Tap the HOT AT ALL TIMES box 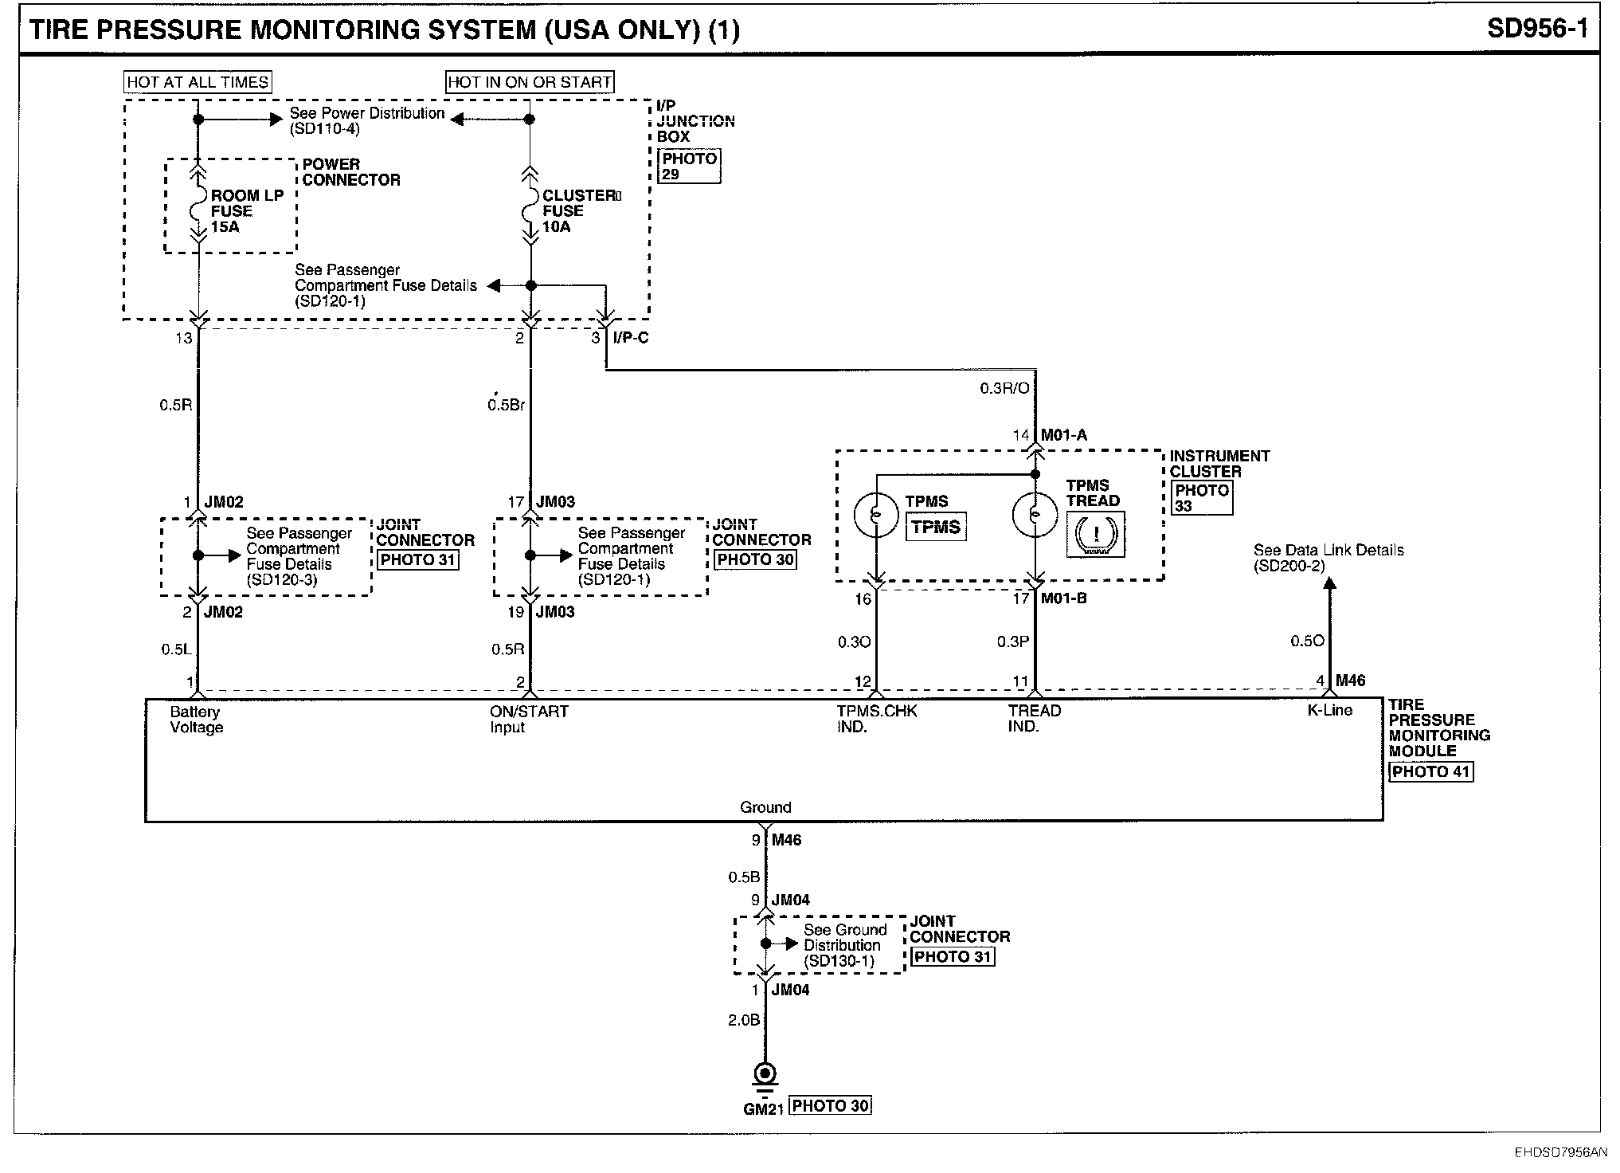[198, 82]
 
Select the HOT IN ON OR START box [530, 82]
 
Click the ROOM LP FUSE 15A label [247, 211]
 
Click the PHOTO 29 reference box [689, 166]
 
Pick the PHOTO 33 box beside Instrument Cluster [1202, 498]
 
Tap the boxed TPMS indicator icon [936, 528]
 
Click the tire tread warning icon [1096, 535]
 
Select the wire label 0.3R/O [1004, 389]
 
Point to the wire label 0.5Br [507, 405]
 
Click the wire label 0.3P [1013, 641]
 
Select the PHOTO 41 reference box [1431, 771]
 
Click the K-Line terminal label [1330, 710]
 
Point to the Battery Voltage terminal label [196, 720]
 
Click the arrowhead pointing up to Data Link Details [1329, 583]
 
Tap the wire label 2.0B [744, 1020]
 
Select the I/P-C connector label [631, 338]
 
